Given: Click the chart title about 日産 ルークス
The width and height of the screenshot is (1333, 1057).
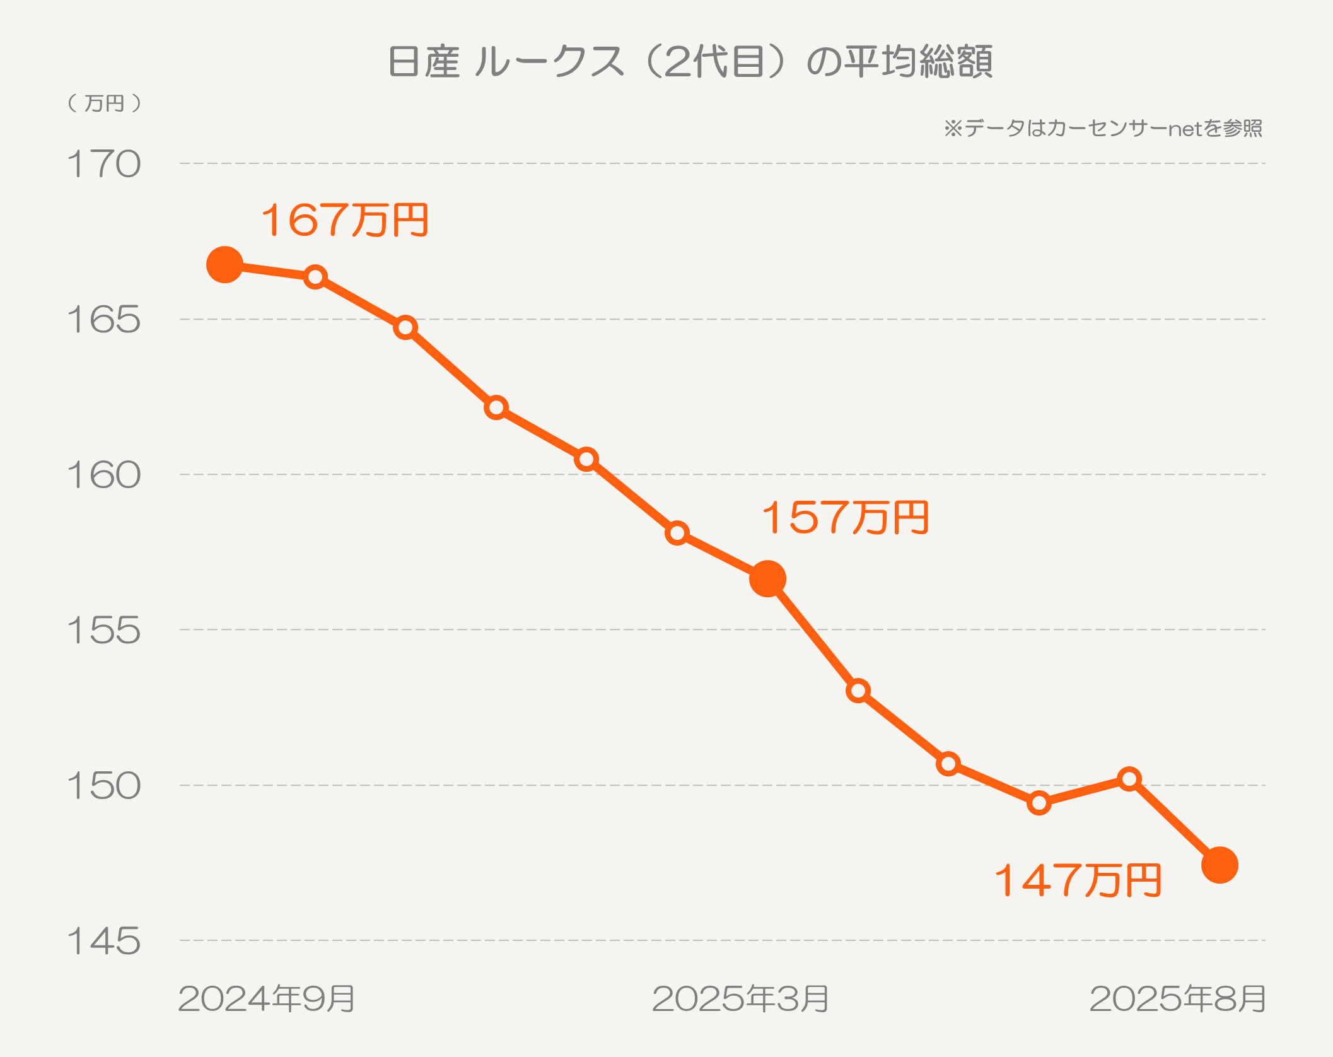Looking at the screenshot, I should [x=690, y=62].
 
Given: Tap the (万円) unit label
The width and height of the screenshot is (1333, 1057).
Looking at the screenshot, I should [x=105, y=103].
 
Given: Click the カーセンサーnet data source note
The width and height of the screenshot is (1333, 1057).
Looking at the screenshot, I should [x=1103, y=129].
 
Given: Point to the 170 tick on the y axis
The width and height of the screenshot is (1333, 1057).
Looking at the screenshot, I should [x=104, y=165].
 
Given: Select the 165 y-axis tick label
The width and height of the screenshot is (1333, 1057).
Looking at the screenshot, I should [x=104, y=320].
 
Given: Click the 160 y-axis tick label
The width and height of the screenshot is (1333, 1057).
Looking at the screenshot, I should [x=104, y=475].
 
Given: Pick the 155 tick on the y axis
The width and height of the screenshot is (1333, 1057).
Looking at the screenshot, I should [x=104, y=630].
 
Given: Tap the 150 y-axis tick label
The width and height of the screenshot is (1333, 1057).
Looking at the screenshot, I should [x=104, y=786].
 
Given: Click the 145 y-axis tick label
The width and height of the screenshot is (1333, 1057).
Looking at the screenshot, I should [x=104, y=942].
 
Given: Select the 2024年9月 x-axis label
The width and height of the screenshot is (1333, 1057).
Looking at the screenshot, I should [x=267, y=999].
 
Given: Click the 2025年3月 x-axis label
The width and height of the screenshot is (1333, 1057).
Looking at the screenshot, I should [x=740, y=999].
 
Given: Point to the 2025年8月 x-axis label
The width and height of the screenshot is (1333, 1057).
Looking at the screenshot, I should [x=1177, y=999].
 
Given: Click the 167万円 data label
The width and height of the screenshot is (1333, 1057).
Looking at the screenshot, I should [x=345, y=220].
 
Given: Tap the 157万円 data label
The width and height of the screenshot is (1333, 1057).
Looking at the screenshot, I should [x=845, y=518].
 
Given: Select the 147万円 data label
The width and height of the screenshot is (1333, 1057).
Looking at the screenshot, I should [x=1078, y=881].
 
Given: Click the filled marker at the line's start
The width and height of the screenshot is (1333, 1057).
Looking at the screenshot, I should [x=224, y=265].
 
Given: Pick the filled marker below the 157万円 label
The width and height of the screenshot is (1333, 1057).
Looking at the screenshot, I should [x=767, y=578].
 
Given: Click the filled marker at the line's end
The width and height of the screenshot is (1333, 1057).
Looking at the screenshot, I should [x=1219, y=865].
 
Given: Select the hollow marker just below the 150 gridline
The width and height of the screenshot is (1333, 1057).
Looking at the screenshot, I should [x=1039, y=803].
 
